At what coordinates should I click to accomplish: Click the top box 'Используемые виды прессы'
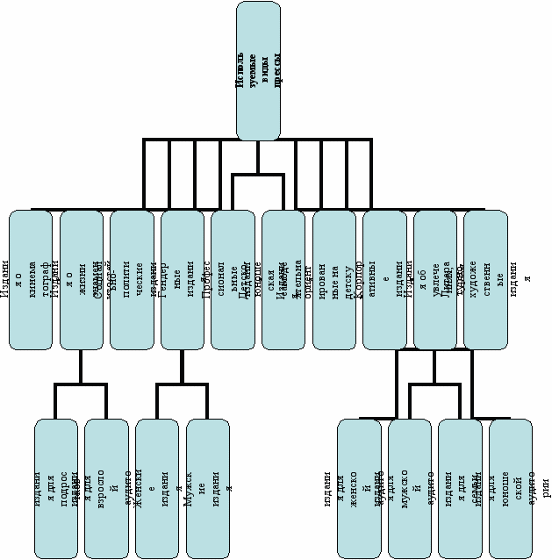coord(258,70)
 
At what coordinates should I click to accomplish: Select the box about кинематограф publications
coord(31,279)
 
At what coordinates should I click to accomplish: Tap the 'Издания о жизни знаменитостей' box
coord(82,279)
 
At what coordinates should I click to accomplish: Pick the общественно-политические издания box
coord(132,279)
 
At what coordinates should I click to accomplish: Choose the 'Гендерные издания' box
coord(183,279)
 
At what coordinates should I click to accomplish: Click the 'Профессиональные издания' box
coord(233,279)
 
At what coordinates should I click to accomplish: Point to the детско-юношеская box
coord(283,279)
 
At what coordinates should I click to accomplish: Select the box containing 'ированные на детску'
coord(334,279)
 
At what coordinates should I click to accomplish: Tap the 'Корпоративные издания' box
coord(384,279)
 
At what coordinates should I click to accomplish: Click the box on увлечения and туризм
coord(435,279)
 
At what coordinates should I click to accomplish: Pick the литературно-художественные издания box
coord(485,279)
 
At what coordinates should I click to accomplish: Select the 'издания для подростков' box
coord(56,488)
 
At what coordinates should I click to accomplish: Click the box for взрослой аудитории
coord(106,488)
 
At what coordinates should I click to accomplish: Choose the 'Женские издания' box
coord(157,488)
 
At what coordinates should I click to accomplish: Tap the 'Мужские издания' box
coord(208,488)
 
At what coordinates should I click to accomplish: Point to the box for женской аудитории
coord(359,488)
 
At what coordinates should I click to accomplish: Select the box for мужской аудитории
coord(410,488)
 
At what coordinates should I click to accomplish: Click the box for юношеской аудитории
coord(511,488)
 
